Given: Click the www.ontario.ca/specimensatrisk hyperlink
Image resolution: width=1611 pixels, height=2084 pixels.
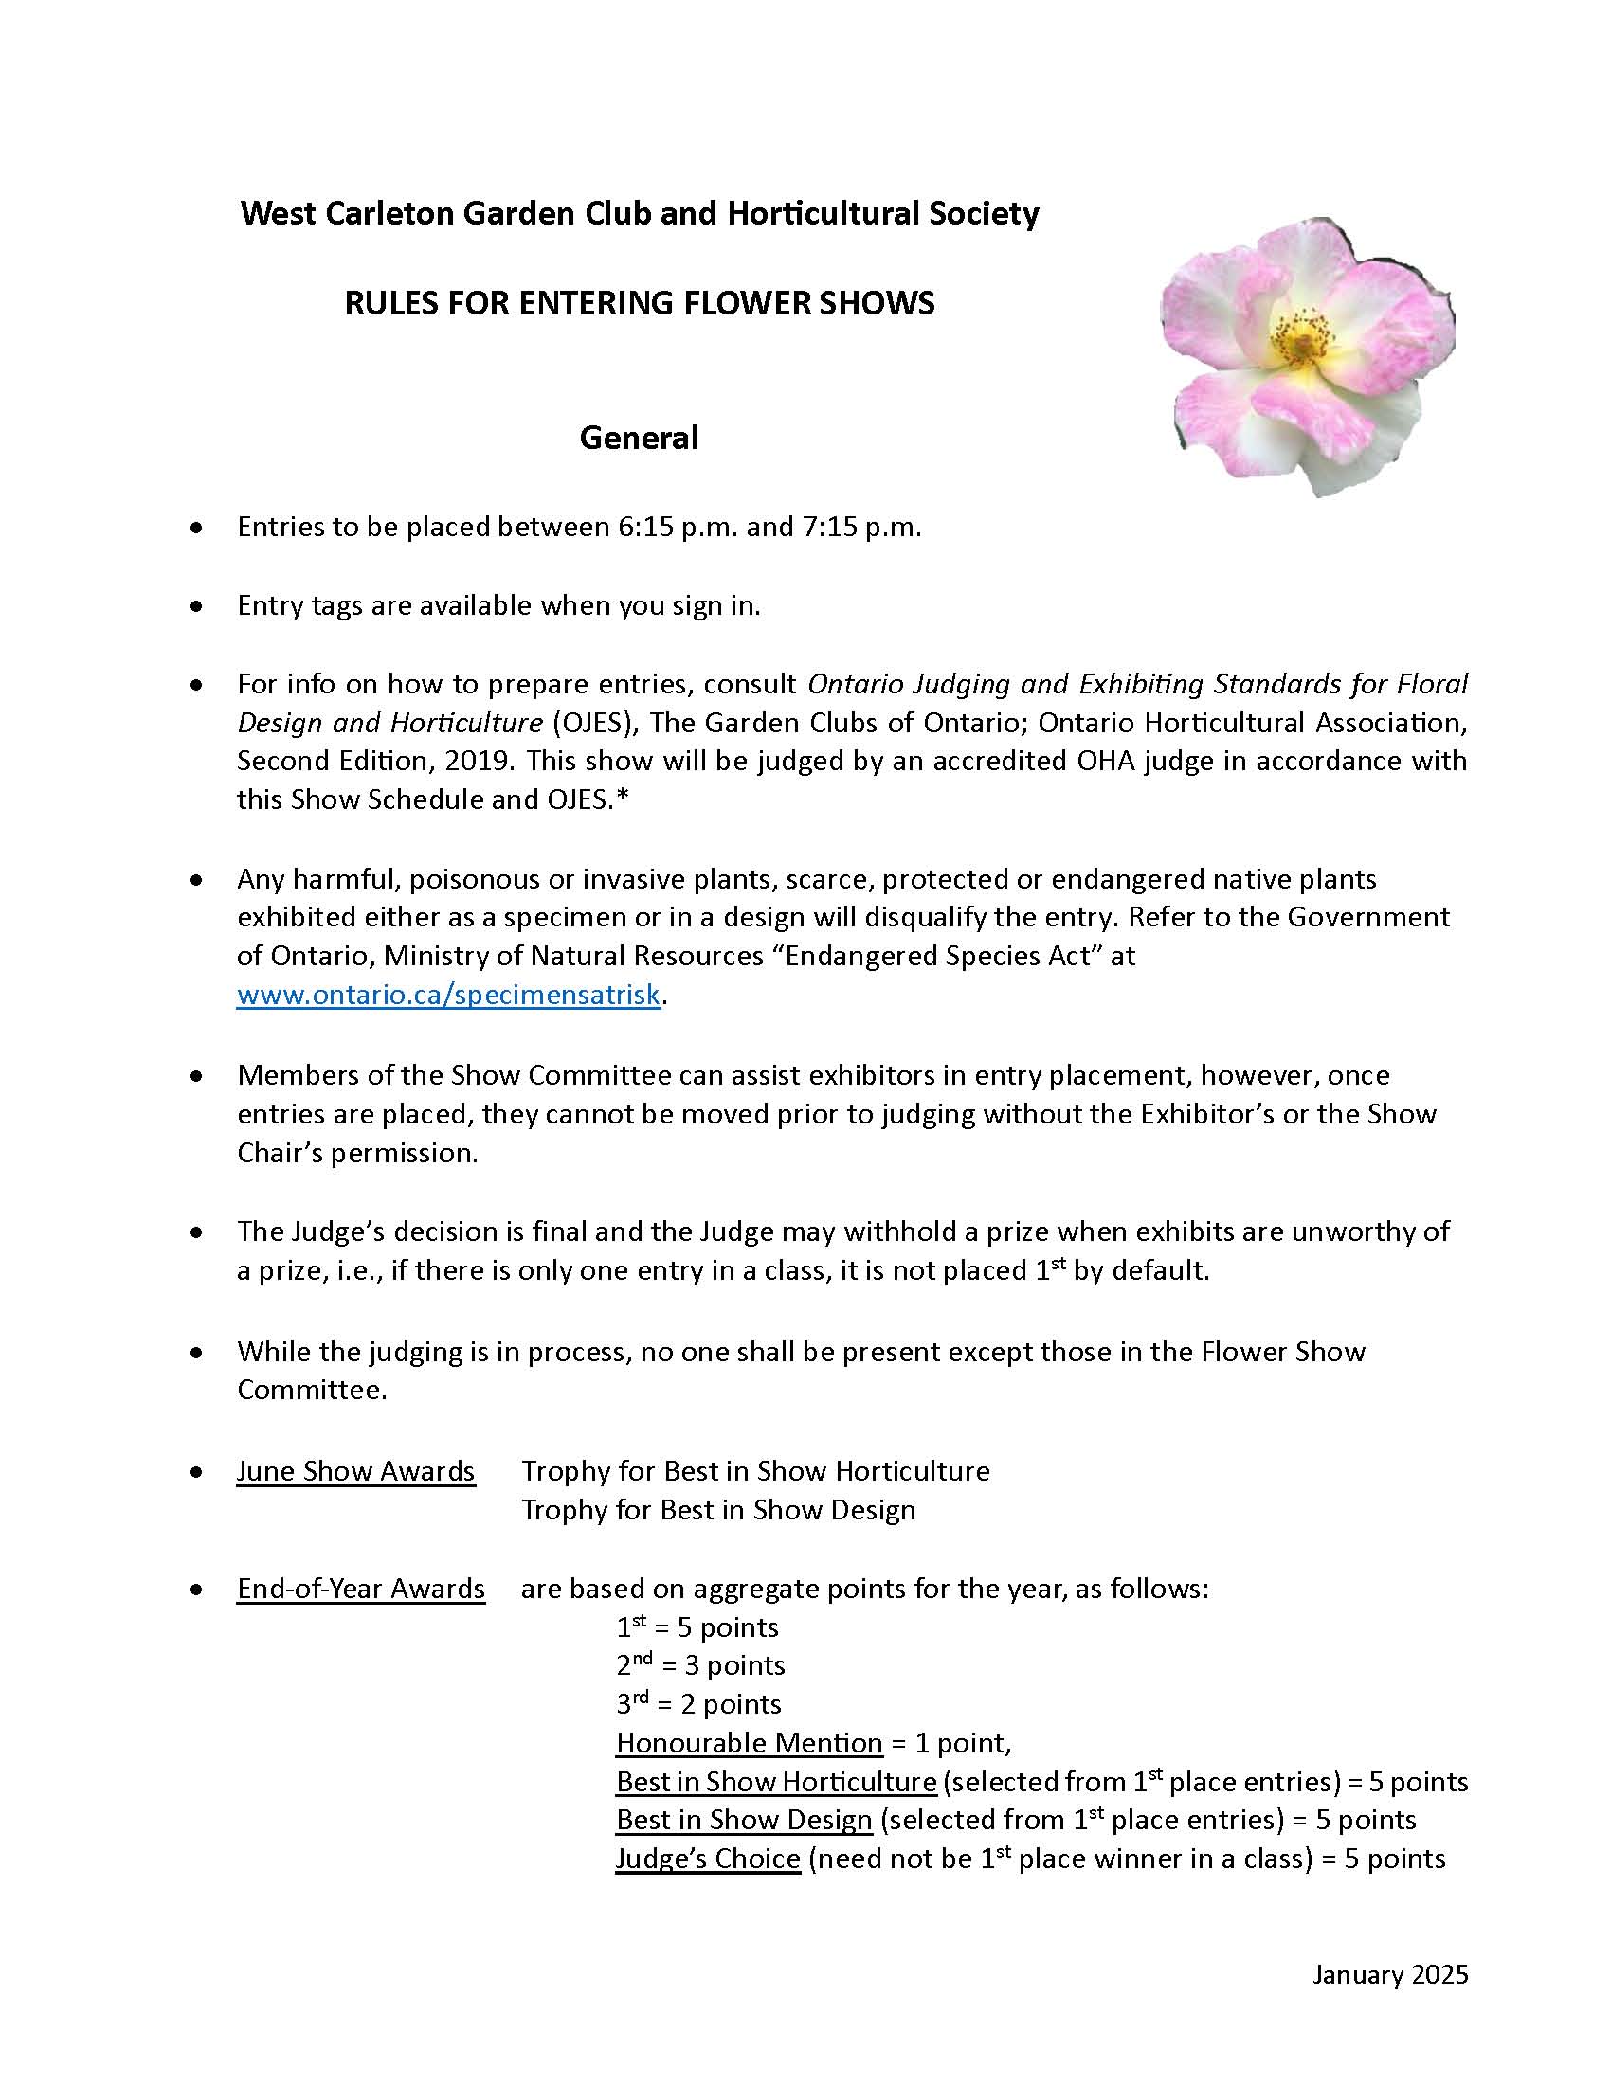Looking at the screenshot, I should coord(448,995).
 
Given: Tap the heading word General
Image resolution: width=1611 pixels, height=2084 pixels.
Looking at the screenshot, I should coord(639,438).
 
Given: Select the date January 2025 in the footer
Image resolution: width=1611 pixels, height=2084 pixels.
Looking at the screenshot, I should coord(1389,1974).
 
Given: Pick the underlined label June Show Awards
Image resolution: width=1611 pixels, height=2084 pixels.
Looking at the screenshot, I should coord(355,1470).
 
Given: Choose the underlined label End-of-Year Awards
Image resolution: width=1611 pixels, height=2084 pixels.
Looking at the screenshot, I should coord(361,1588).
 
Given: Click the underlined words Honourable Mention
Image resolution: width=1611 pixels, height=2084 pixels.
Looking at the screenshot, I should coord(750,1742).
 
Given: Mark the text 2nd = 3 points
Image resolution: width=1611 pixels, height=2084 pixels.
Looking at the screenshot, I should coord(700,1665).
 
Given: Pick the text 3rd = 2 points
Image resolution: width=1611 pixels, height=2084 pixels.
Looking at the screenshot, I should coord(698,1703).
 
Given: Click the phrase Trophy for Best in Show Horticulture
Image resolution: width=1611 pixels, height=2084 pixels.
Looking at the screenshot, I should coord(755,1470).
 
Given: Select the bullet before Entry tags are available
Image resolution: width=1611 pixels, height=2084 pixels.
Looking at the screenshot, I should coord(196,605).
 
